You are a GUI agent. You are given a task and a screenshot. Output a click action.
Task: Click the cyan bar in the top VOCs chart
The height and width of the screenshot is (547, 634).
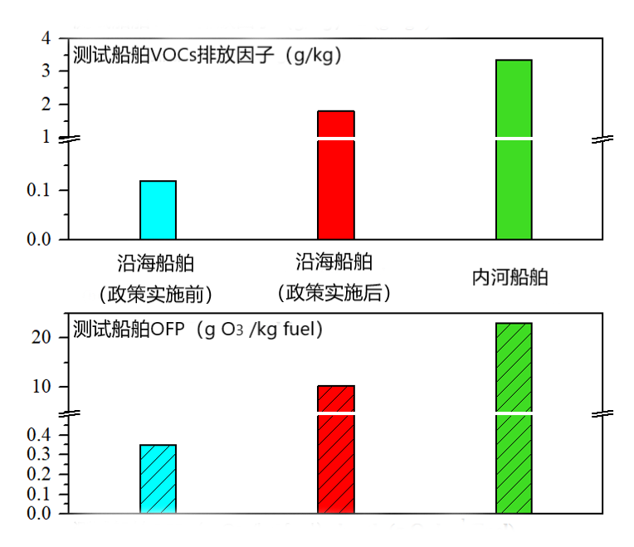(158, 210)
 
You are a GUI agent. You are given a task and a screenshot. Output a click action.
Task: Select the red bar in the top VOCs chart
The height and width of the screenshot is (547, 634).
(336, 175)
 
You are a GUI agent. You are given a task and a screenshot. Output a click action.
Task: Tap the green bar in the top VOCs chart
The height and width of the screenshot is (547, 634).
(514, 149)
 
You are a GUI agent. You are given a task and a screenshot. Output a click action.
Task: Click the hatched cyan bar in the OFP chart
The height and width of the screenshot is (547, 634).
(158, 479)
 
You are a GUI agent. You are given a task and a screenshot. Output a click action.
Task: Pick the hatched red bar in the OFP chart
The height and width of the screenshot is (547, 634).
(336, 449)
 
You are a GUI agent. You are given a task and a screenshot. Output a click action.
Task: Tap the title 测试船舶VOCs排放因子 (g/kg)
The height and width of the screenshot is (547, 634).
(207, 56)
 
